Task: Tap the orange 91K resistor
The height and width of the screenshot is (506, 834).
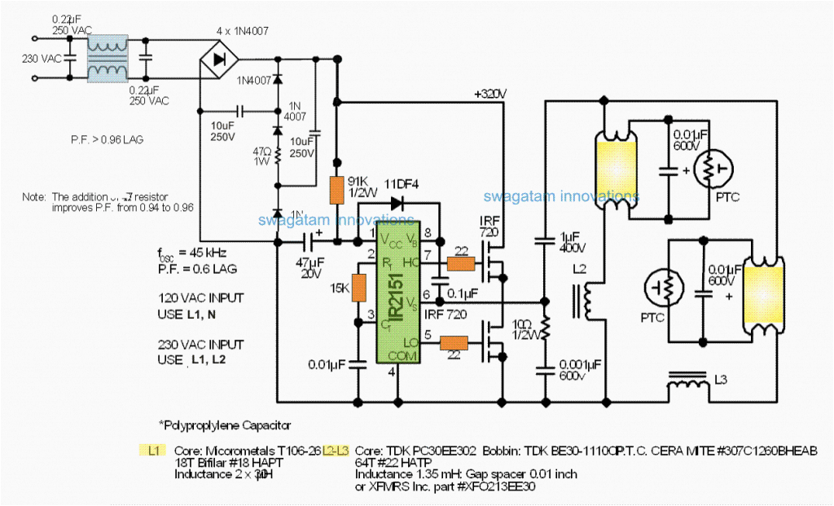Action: point(335,190)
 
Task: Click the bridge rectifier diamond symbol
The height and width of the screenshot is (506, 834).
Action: point(219,59)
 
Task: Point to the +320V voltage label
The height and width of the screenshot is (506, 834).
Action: point(489,94)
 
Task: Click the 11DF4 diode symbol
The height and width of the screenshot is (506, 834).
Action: point(397,203)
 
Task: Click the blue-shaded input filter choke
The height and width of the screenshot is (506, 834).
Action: point(108,59)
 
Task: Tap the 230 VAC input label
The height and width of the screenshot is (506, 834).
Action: point(41,58)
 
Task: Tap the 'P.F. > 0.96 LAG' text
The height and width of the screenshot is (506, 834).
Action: point(107,140)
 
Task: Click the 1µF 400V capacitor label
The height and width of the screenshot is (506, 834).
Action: point(572,240)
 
